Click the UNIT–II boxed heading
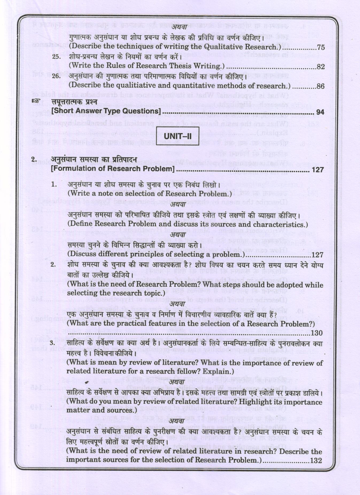pyautogui.click(x=177, y=136)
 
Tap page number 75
pyautogui.click(x=320, y=48)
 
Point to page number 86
pyautogui.click(x=320, y=86)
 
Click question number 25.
pyautogui.click(x=56, y=57)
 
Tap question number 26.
pyautogui.click(x=56, y=76)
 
